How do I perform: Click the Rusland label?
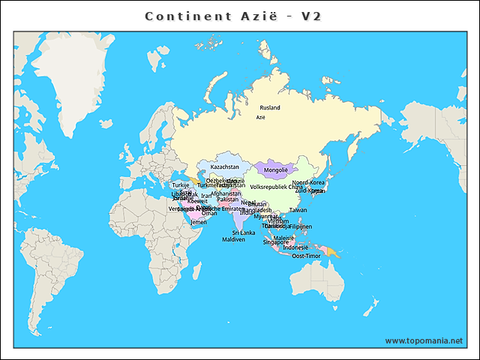[x=269, y=108]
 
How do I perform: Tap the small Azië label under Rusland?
[x=261, y=118]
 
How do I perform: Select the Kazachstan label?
[x=225, y=167]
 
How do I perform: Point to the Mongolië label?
[x=277, y=171]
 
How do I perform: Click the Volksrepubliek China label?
[x=276, y=187]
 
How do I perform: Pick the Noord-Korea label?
[x=308, y=182]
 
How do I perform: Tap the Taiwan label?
[x=298, y=211]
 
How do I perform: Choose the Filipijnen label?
[x=300, y=226]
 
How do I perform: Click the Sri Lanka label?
[x=243, y=232]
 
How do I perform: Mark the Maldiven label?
[x=233, y=239]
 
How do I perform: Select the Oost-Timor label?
[x=307, y=256]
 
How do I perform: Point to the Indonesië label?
[x=295, y=247]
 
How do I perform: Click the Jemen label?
[x=199, y=222]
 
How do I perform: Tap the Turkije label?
[x=181, y=185]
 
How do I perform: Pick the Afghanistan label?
[x=226, y=193]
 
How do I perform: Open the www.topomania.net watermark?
[x=424, y=340]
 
